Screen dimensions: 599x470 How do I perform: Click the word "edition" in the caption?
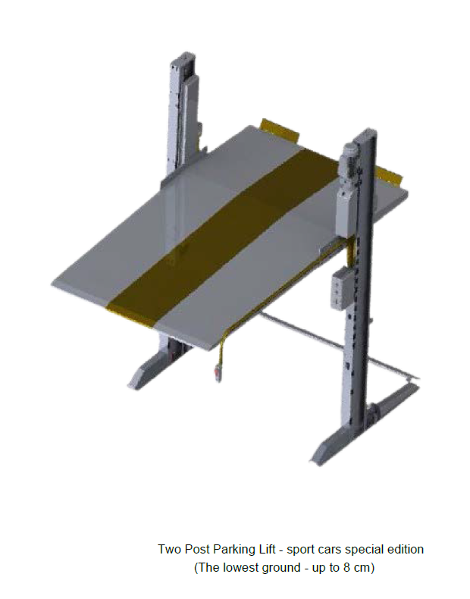tap(405, 549)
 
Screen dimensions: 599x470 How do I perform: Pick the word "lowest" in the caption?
tap(240, 567)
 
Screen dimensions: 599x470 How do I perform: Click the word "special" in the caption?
tap(364, 550)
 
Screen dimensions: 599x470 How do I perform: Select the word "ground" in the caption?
tap(279, 568)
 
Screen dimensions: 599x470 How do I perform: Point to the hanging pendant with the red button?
tap(218, 372)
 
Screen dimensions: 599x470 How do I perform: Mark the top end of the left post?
tap(183, 57)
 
